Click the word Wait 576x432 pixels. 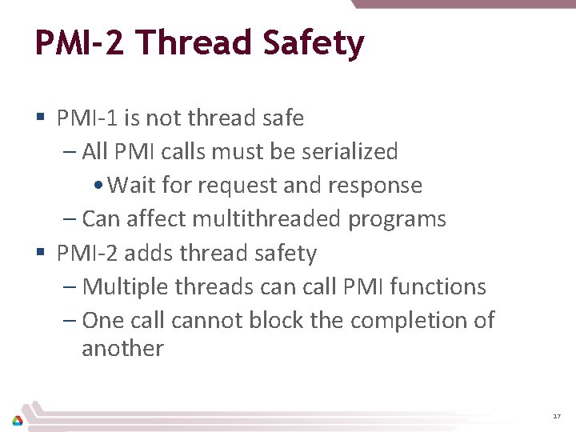tap(133, 185)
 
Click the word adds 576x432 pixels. tap(149, 253)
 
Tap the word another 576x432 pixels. tap(122, 349)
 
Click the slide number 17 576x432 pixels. tap(557, 417)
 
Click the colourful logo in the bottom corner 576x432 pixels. tap(17, 418)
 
